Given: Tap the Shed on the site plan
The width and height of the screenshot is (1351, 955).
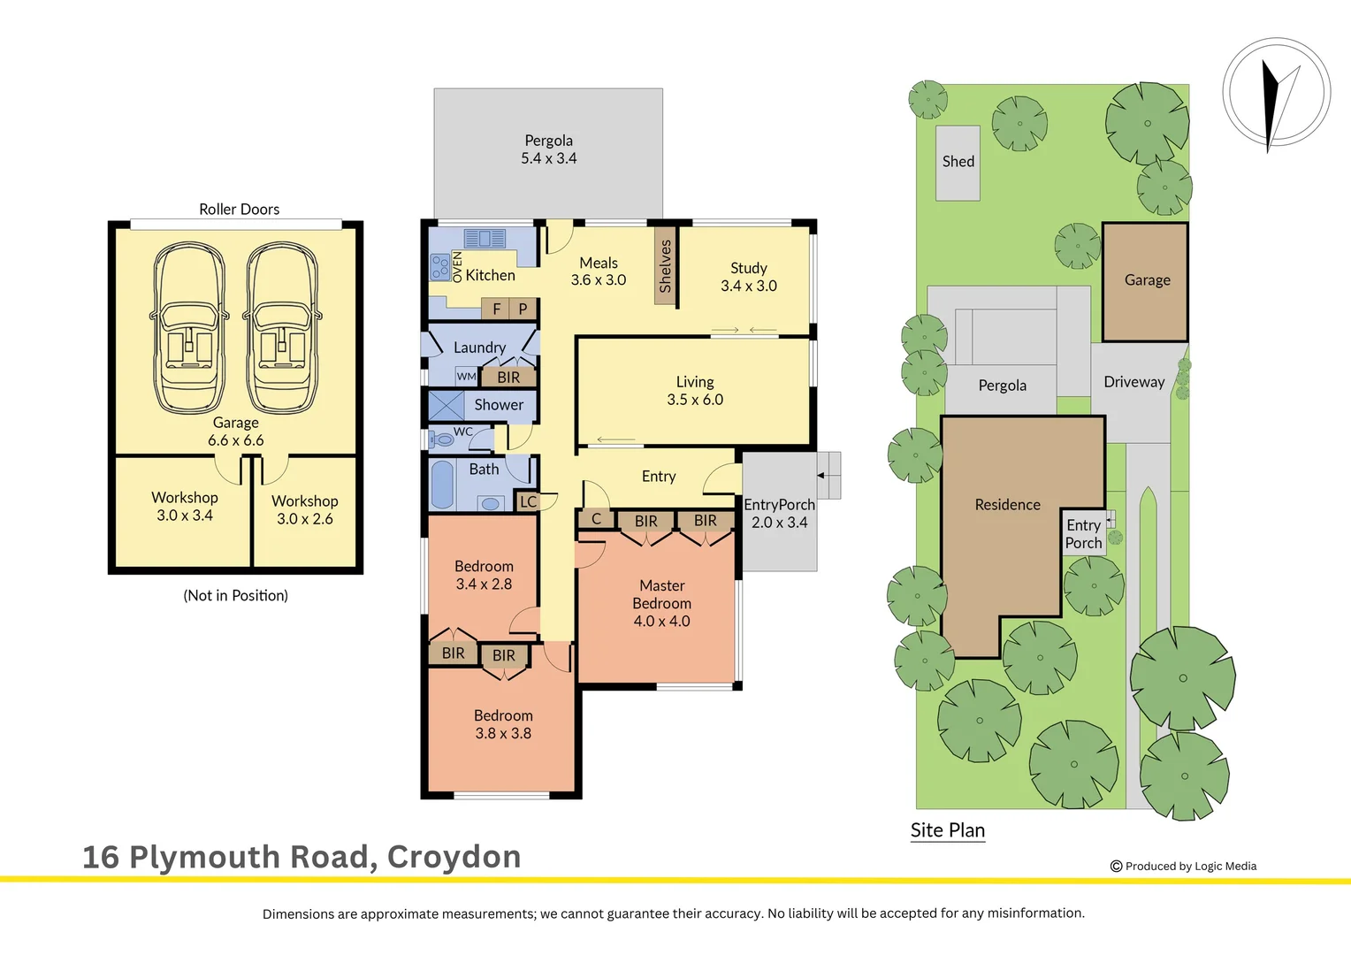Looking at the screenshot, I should click(958, 163).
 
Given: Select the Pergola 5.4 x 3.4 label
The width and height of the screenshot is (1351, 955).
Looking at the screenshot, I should click(548, 149).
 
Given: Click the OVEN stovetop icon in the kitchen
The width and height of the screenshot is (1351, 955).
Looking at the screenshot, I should click(439, 266).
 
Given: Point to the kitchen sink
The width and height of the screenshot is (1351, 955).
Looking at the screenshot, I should click(484, 239).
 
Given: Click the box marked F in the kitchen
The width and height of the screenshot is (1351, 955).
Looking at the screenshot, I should click(496, 309).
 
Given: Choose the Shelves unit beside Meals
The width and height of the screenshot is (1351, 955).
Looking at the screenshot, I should click(665, 266).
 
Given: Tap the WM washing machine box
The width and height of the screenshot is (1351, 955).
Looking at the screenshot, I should click(466, 377).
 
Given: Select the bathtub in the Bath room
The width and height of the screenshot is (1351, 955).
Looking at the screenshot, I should click(442, 484).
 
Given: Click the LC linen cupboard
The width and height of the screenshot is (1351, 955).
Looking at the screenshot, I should click(528, 501).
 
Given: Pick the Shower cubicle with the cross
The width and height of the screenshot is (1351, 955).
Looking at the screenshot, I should click(447, 405).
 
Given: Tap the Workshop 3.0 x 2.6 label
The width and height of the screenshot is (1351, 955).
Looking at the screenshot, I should click(305, 510).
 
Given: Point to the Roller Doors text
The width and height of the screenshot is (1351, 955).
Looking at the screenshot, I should click(239, 210).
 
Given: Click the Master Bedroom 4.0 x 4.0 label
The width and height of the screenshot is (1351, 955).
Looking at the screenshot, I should click(661, 603).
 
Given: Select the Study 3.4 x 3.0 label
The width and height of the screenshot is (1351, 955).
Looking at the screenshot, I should click(748, 277).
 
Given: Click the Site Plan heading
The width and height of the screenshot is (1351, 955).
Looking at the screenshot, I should click(947, 830).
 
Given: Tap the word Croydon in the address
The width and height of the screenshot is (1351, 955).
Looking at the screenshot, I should click(454, 857).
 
